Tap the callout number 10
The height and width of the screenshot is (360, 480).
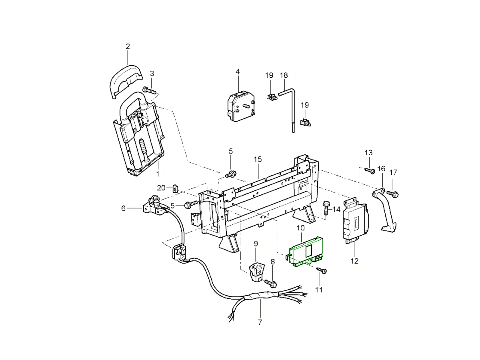[300, 228]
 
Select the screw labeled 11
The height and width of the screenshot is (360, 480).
[322, 271]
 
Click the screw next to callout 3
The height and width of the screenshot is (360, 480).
[150, 91]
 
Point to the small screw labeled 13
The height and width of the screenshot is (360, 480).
[370, 171]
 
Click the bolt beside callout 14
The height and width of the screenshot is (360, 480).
[326, 208]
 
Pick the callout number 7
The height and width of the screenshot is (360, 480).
[260, 322]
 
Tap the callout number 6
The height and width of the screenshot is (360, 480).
[123, 208]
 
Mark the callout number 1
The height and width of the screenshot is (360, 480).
[158, 174]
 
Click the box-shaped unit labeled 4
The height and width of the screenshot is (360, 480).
[238, 106]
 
